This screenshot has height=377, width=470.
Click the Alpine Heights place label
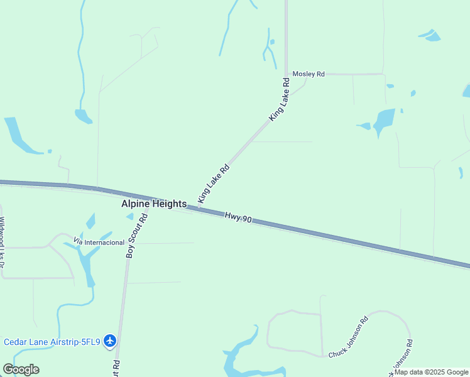[154, 204]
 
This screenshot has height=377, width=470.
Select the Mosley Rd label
[309, 74]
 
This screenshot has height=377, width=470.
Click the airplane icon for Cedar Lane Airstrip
[111, 341]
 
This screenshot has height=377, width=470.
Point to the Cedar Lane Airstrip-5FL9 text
[53, 342]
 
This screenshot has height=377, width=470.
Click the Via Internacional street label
[99, 242]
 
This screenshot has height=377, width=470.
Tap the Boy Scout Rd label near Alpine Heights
[136, 235]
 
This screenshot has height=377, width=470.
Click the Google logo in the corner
[21, 369]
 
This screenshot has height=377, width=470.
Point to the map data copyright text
[431, 372]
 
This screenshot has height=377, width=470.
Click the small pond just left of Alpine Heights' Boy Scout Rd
[130, 217]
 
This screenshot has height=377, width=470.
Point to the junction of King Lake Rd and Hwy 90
[199, 207]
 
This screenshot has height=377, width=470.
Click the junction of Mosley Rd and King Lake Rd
[287, 74]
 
